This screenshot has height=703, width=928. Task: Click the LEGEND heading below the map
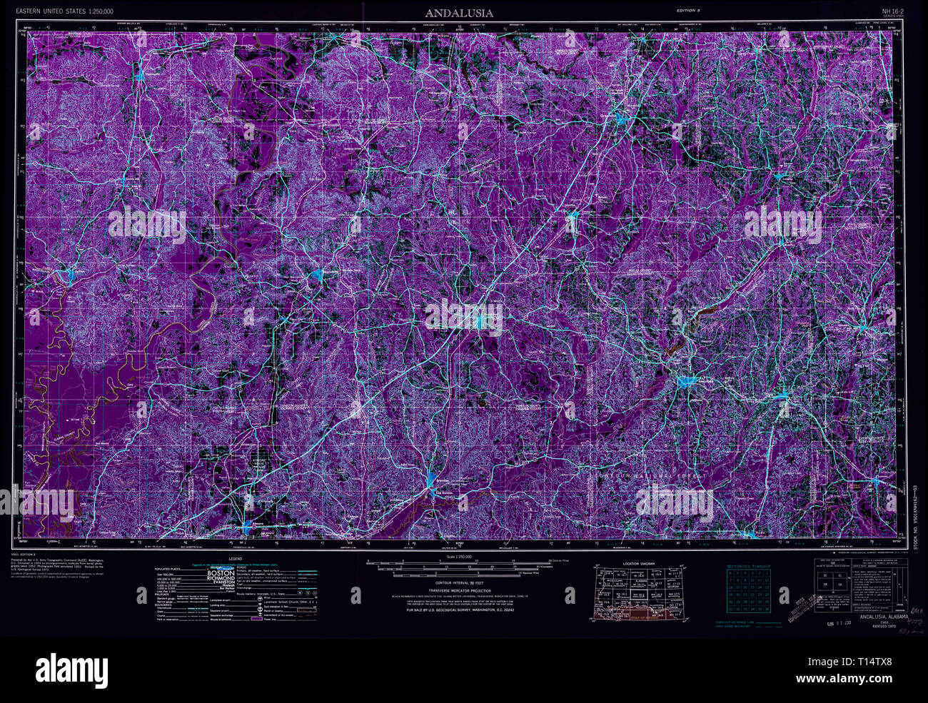tap(235, 559)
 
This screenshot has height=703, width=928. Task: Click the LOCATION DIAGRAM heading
tap(638, 564)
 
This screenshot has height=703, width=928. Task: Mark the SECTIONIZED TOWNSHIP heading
tap(748, 566)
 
